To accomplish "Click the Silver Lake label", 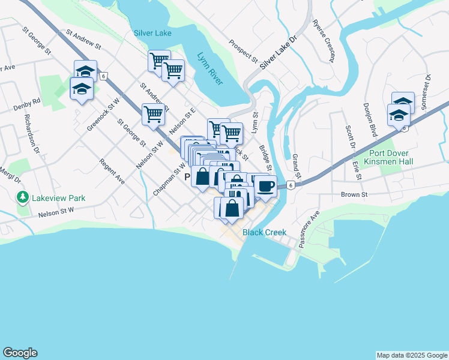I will pos(152,34).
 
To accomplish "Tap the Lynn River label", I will pos(209,67).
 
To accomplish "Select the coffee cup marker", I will pos(266,186).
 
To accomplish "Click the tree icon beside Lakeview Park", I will pos(22,197).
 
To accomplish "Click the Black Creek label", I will pos(264,232).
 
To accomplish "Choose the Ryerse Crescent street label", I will pos(322,41).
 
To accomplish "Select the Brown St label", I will pos(354,195).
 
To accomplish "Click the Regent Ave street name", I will pos(112,172).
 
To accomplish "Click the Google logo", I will pos(20,353).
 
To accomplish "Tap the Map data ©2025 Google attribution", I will pos(411,355).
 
